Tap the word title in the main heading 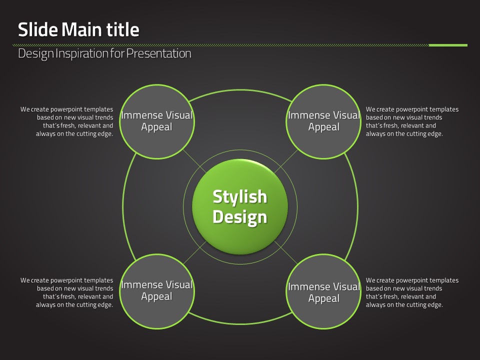(x=123, y=29)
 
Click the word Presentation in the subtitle (x=159, y=53)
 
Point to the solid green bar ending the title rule (x=448, y=45)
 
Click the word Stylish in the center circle (x=240, y=197)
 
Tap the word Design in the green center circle (x=240, y=217)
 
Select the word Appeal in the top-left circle (x=156, y=127)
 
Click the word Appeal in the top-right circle (x=324, y=127)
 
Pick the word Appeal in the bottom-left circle (x=156, y=296)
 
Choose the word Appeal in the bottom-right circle (x=324, y=298)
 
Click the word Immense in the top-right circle (x=309, y=115)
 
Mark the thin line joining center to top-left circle (x=194, y=161)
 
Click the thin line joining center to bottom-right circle (x=286, y=252)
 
